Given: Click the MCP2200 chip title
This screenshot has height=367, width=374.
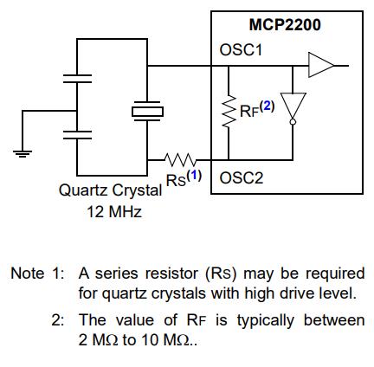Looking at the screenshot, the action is tap(285, 24).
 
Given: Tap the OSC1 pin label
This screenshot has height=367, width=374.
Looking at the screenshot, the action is tap(241, 50).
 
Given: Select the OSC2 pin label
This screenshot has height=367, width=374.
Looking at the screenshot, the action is tap(242, 178).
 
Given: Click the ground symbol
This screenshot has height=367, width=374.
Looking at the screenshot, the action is tap(23, 154).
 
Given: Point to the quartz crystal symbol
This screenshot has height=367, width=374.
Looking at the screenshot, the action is tap(147, 112).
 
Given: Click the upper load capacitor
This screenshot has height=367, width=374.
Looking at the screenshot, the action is tap(77, 79).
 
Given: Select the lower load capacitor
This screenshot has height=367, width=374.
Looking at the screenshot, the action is tap(77, 135).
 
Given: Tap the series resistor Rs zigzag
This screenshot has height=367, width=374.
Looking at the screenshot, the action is tap(180, 159).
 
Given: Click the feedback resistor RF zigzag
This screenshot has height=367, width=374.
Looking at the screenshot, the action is tap(229, 111).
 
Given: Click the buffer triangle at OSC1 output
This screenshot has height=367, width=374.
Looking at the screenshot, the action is tap(321, 65).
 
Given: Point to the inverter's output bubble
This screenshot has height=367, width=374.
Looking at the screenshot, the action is tap(293, 122).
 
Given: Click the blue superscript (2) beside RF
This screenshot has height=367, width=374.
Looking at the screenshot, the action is tap(267, 106).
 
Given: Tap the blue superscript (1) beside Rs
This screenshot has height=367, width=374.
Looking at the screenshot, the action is tap(194, 175).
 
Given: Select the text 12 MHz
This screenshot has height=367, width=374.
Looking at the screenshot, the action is tap(114, 212).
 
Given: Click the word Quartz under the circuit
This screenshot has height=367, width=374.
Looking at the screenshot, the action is tap(83, 190).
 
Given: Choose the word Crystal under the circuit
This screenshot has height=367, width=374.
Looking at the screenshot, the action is tap(137, 191).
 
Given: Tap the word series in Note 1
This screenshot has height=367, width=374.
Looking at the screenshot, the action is tap(116, 274).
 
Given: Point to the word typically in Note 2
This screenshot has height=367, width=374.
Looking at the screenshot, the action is tap(266, 321).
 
